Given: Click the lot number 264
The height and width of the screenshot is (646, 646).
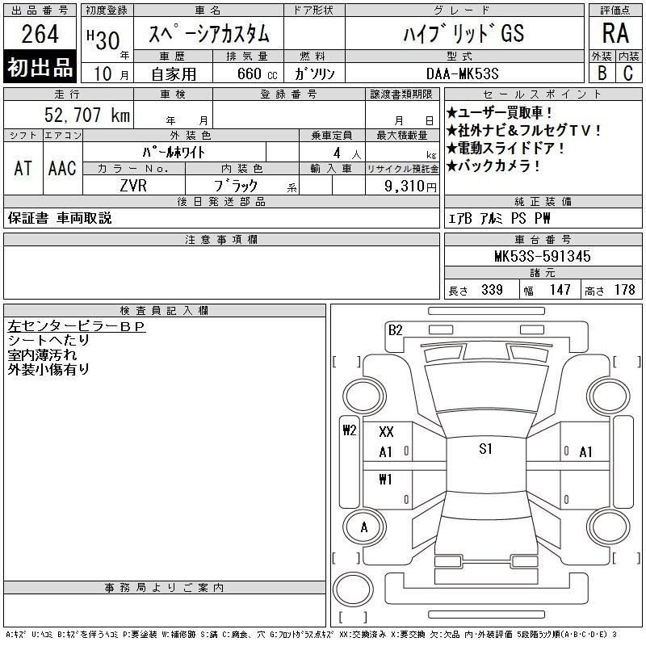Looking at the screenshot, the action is [40, 34].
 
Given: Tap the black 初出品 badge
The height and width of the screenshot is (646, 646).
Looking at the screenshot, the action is [40, 66].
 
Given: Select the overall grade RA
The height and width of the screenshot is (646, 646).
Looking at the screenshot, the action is [615, 33].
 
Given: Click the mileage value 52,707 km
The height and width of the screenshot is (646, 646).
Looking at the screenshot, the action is [87, 115].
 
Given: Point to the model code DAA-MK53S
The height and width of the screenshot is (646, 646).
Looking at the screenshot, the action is [462, 73].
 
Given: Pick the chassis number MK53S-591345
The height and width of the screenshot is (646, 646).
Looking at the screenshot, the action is [542, 256].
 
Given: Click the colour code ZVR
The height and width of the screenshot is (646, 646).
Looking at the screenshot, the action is [133, 186].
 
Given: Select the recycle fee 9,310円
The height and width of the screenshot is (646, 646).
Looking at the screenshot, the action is [410, 186].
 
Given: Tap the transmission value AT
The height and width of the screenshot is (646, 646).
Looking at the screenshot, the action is [23, 168].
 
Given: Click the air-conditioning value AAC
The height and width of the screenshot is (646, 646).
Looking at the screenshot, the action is [62, 168].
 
